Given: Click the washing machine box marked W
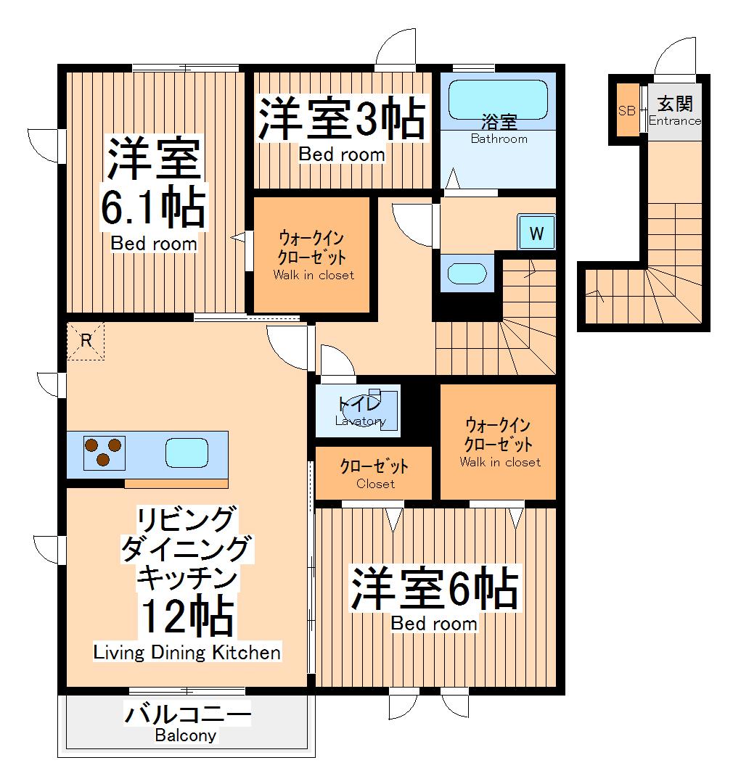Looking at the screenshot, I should click(x=536, y=234).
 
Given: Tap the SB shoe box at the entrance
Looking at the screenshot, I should click(x=626, y=111).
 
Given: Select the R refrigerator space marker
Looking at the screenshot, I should click(x=86, y=340).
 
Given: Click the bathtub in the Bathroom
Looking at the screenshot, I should click(x=498, y=99).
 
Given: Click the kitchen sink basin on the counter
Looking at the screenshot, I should click(x=187, y=453).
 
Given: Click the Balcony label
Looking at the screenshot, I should click(x=186, y=735).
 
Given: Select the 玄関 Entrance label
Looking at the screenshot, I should click(x=675, y=110).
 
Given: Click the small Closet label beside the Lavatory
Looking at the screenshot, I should click(x=375, y=484).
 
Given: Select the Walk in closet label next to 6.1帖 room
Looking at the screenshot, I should click(x=314, y=275).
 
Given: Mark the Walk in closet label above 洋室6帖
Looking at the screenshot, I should click(x=499, y=462).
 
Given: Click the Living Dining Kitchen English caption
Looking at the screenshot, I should click(x=187, y=653).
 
